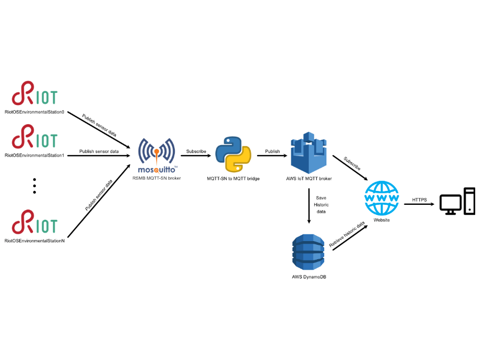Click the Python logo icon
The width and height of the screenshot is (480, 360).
[233, 154]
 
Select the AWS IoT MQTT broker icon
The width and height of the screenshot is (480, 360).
[308, 154]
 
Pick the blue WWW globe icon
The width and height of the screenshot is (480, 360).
[381, 198]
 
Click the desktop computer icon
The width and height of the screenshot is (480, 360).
[457, 202]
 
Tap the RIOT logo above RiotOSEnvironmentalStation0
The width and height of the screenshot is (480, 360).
[35, 94]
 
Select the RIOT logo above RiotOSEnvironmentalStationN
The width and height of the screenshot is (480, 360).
[35, 222]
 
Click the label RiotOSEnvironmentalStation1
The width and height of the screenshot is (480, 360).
[34, 155]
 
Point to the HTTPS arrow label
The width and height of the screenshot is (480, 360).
[419, 200]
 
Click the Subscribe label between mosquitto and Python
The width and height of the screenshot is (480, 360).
[196, 151]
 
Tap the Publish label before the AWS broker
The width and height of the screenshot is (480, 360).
[272, 151]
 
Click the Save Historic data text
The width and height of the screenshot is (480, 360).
[321, 204]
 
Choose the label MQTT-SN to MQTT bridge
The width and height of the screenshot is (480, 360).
[233, 178]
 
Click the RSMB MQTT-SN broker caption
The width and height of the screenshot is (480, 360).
[157, 178]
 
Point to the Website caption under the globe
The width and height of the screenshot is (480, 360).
[381, 220]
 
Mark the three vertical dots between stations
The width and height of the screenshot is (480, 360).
[34, 185]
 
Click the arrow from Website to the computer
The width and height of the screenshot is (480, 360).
[419, 204]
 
